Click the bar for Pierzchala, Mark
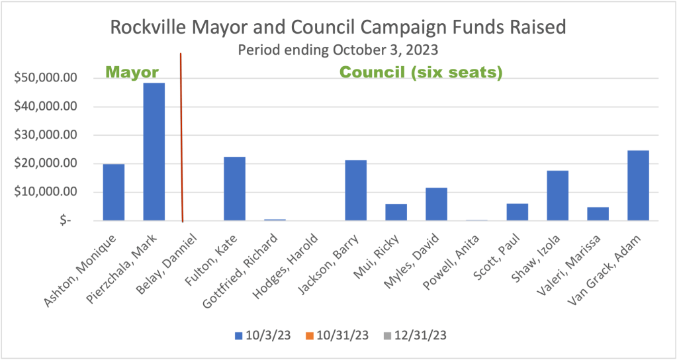pyautogui.click(x=154, y=152)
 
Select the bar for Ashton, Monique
pyautogui.click(x=114, y=192)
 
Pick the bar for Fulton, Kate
pyautogui.click(x=234, y=189)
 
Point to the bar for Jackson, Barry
pyautogui.click(x=355, y=190)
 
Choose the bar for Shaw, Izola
pyautogui.click(x=557, y=195)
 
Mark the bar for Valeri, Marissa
pyautogui.click(x=598, y=214)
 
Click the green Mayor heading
pyautogui.click(x=132, y=72)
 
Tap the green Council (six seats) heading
pyautogui.click(x=422, y=72)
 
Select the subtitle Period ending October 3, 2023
pyautogui.click(x=338, y=50)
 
